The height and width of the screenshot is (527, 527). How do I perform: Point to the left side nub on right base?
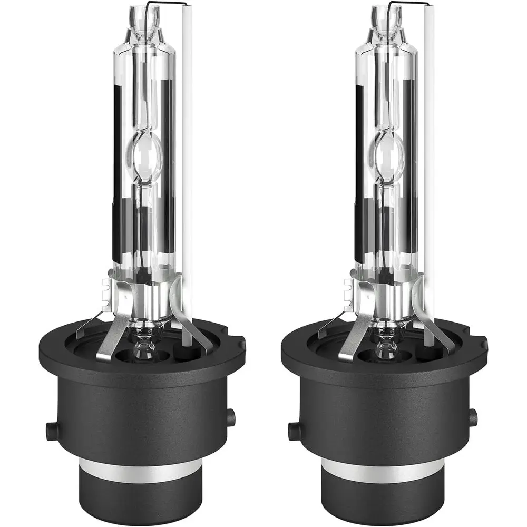[294, 431]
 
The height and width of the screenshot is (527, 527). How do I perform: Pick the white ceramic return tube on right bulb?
[429, 158]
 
